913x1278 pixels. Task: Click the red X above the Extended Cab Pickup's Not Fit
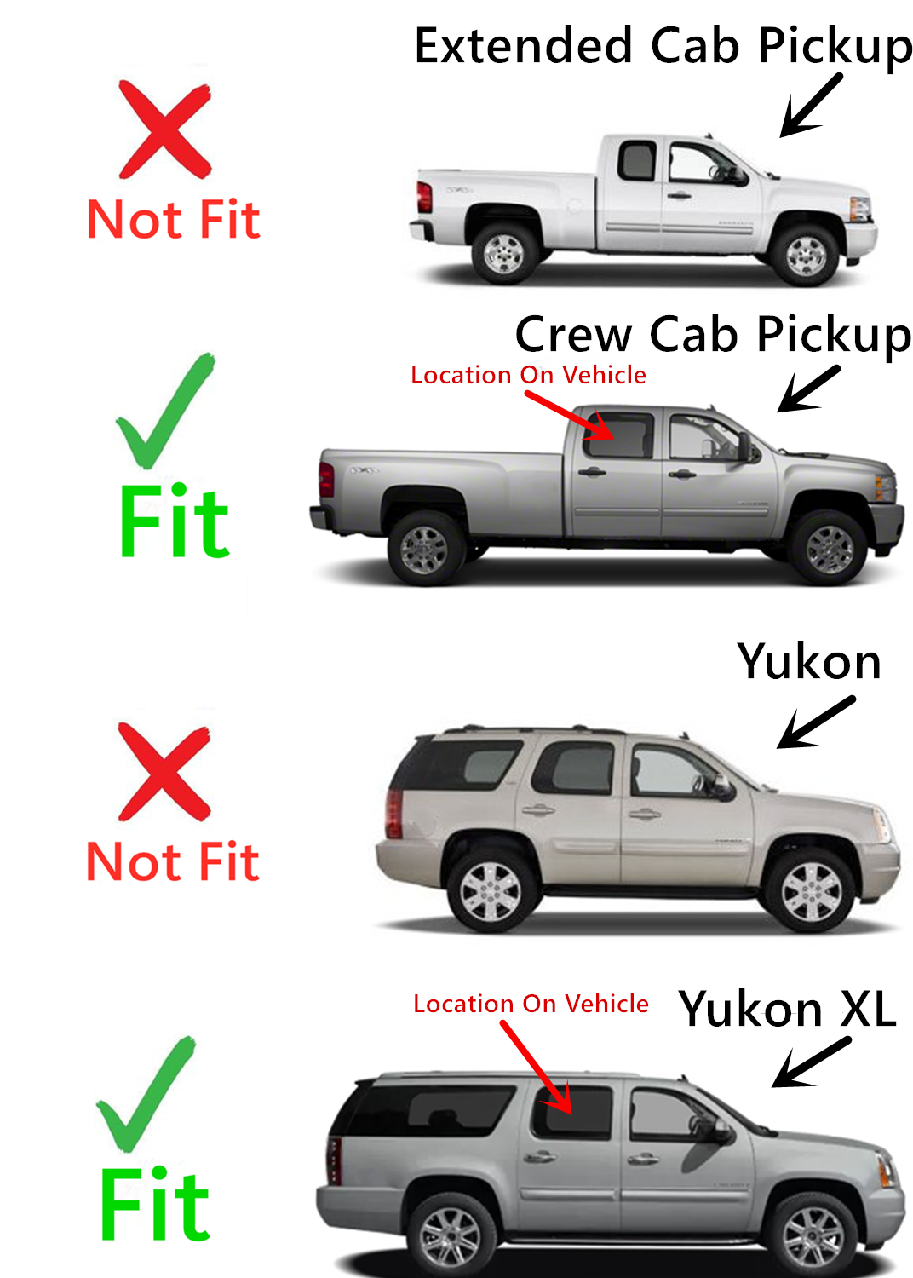point(165,130)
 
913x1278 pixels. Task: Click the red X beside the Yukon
point(164,771)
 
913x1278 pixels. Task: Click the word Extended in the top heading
point(524,46)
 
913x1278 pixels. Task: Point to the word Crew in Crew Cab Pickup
point(573,335)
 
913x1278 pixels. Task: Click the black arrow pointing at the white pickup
point(811,105)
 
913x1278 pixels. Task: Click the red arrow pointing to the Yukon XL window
point(536,1067)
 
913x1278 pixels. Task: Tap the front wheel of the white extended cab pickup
point(805,255)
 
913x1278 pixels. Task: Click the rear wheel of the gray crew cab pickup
point(425,549)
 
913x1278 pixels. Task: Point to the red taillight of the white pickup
point(424,197)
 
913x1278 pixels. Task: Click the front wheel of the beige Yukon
point(810,892)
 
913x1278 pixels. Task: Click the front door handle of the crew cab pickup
point(682,474)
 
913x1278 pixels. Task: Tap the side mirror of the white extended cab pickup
point(740,176)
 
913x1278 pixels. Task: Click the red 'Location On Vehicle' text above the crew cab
point(528,376)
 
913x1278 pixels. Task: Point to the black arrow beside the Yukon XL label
point(811,1062)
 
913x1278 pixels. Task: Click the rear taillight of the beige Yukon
point(394,814)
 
